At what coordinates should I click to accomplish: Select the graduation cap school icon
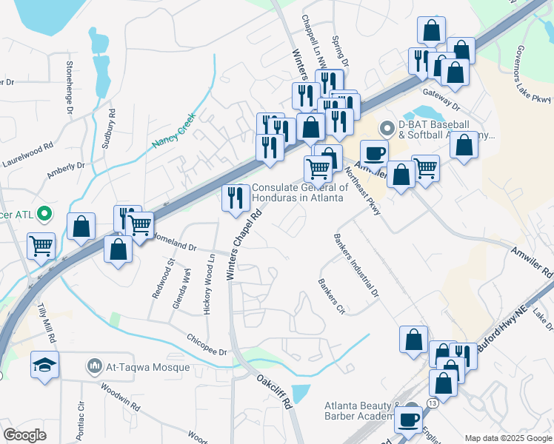[x=44, y=366]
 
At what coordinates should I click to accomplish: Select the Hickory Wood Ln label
[x=210, y=283]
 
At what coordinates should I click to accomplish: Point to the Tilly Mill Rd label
[x=46, y=326]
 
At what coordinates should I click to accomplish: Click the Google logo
[x=25, y=435]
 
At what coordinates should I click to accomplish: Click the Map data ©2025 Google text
[x=508, y=438]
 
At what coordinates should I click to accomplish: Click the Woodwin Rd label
[x=120, y=397]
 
